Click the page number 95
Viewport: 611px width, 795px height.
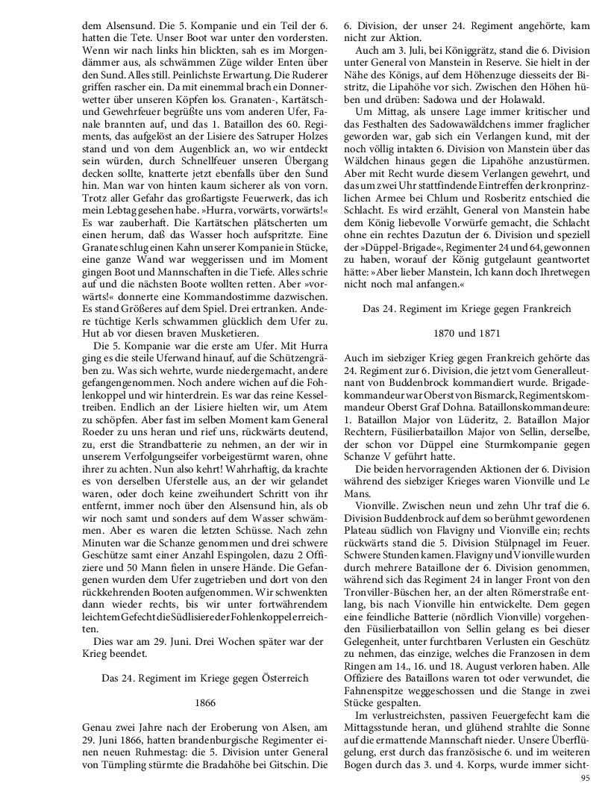point(585,779)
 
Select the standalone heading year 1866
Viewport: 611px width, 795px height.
point(204,702)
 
